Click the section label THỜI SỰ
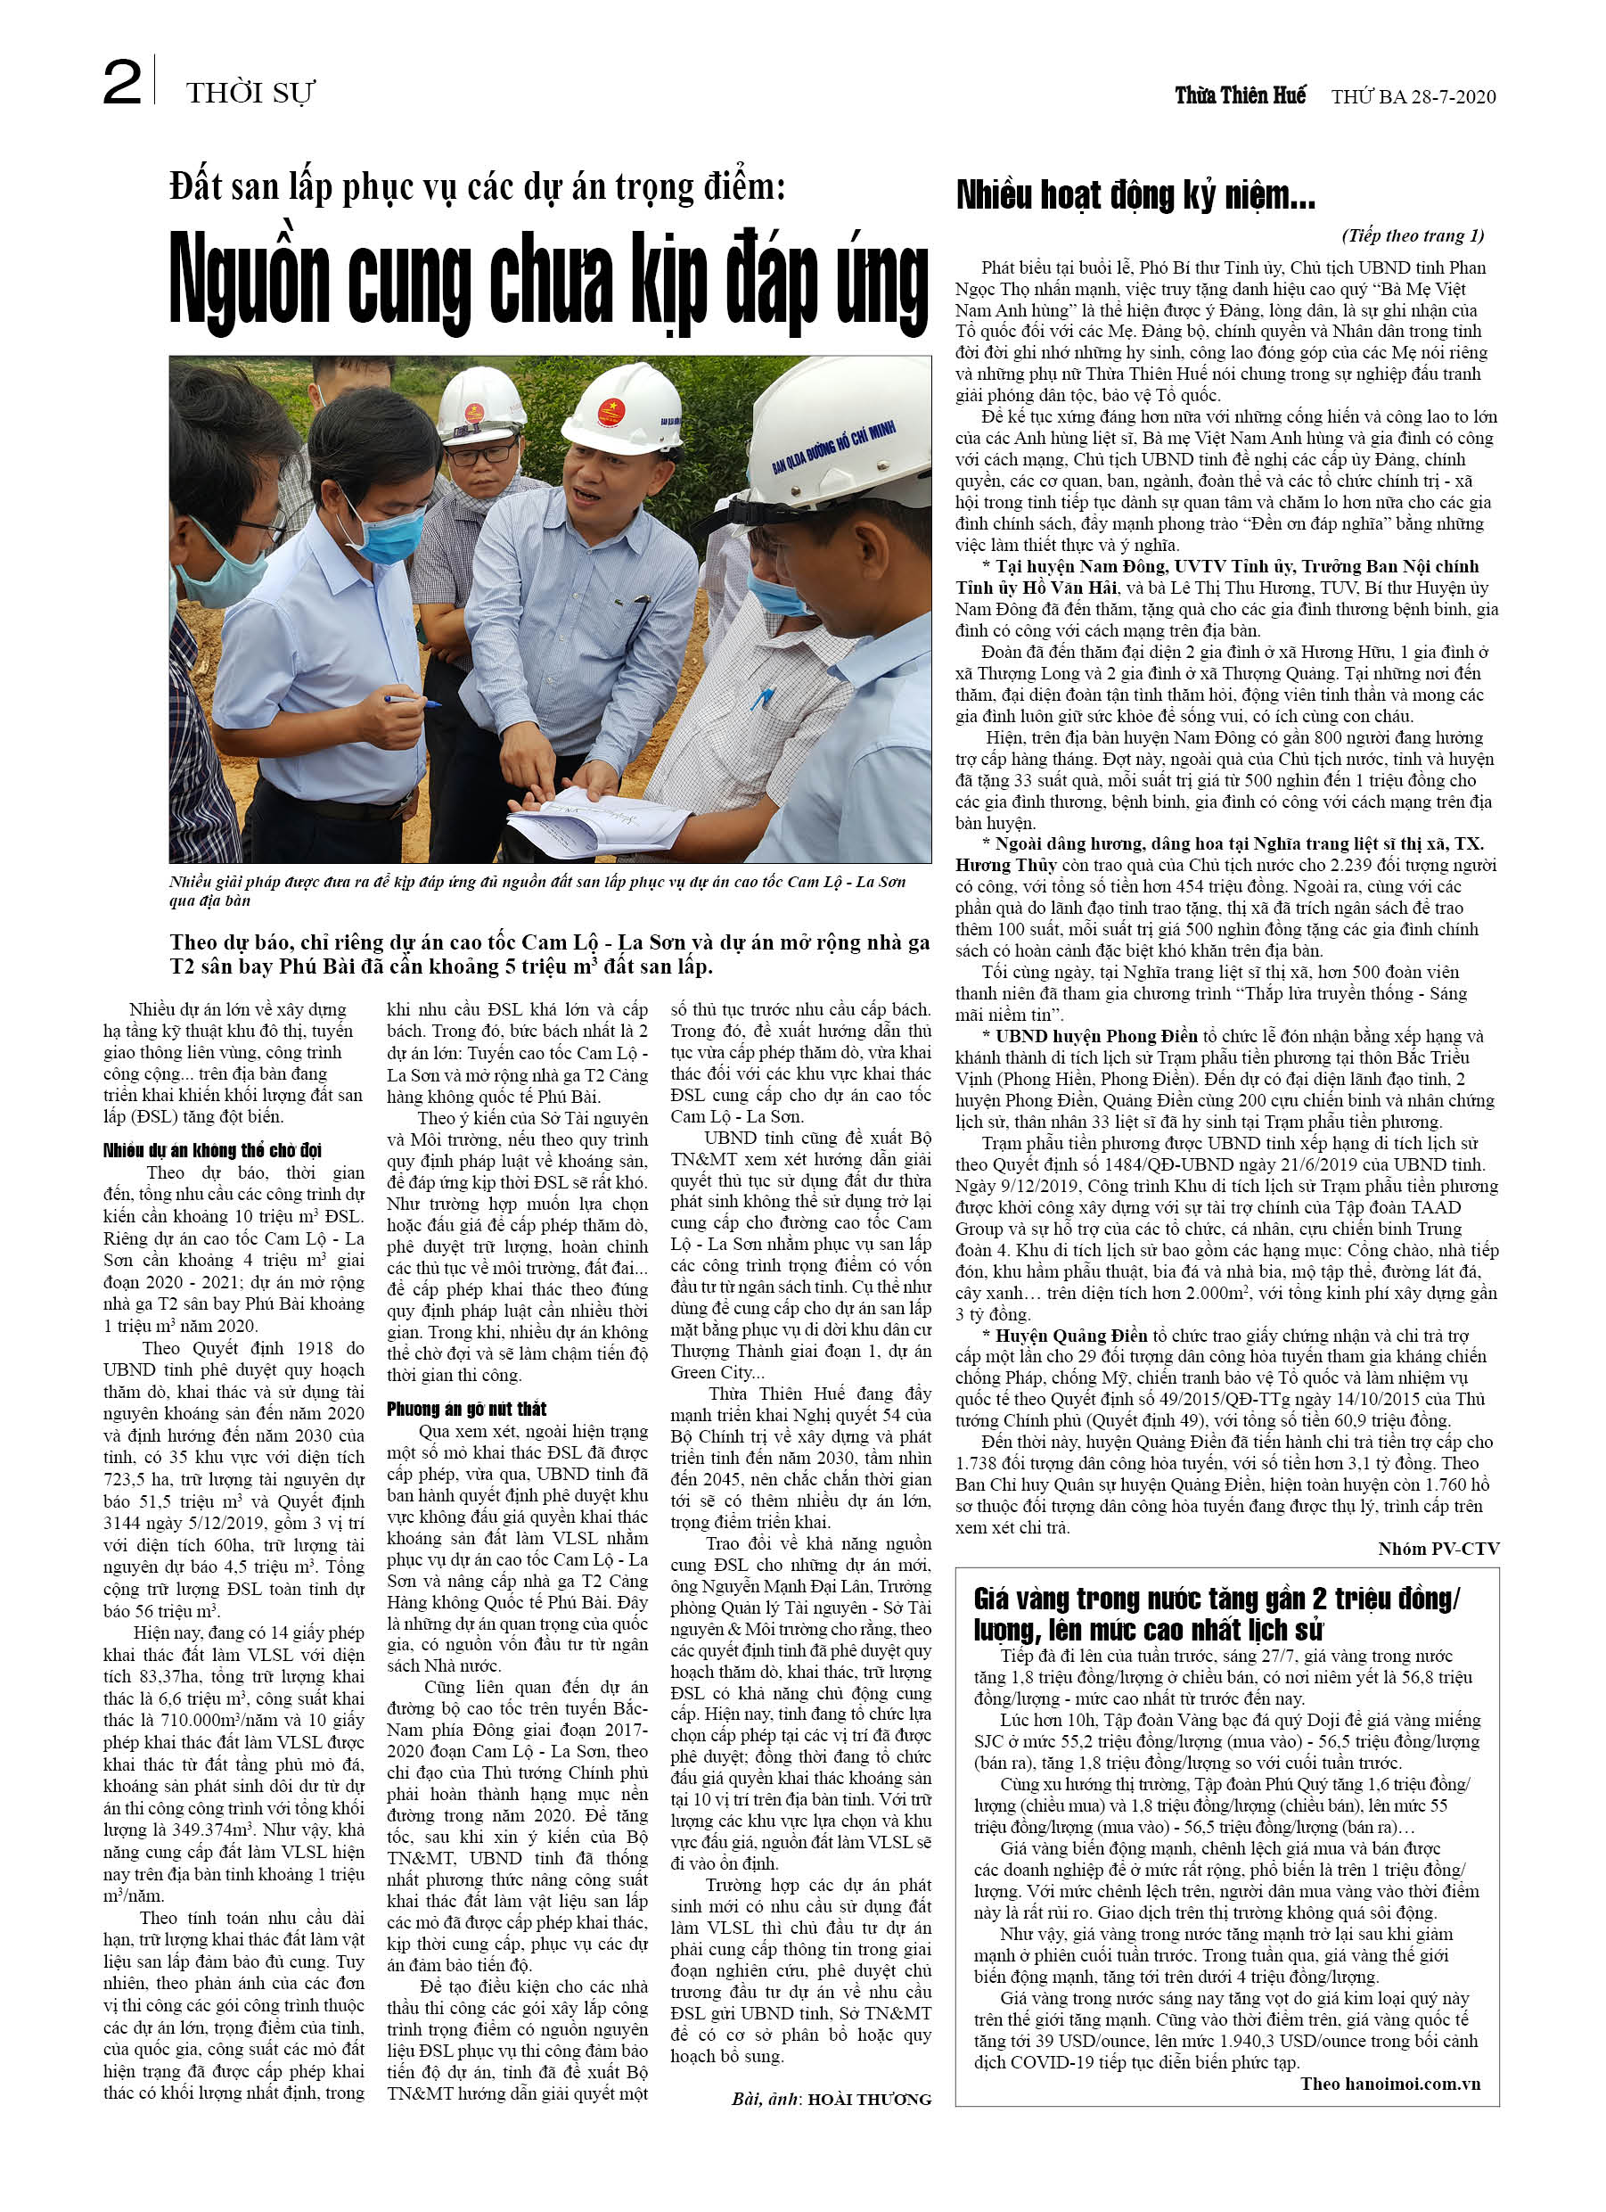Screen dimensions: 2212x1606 (250, 93)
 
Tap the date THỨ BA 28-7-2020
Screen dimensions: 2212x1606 (1413, 95)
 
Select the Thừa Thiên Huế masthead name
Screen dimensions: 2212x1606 (1240, 95)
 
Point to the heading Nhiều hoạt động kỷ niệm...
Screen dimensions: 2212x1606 (1135, 195)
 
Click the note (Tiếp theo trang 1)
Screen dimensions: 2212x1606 (1413, 235)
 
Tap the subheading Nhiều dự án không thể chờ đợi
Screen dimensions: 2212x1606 (213, 1150)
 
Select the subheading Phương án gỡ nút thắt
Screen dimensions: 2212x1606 (466, 1409)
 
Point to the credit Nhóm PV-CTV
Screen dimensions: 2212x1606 (1438, 1548)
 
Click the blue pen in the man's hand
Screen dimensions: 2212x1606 (411, 699)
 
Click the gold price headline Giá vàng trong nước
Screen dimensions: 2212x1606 (1216, 1614)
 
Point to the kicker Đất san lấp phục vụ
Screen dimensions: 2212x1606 (477, 186)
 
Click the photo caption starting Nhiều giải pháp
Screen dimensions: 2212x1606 (537, 890)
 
